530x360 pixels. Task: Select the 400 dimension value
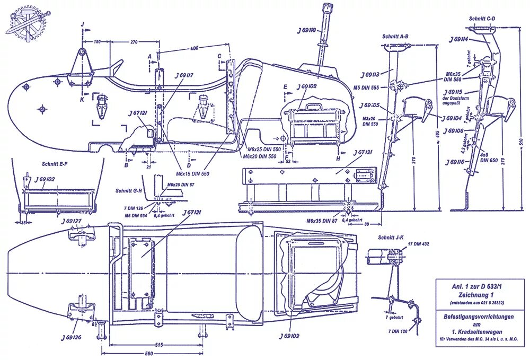195,49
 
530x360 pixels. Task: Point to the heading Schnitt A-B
395,37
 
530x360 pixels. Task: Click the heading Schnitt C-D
482,19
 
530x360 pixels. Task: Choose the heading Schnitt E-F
55,164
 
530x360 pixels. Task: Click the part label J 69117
182,75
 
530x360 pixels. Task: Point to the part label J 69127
71,221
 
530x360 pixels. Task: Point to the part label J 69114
459,39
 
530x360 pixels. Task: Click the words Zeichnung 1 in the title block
481,295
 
